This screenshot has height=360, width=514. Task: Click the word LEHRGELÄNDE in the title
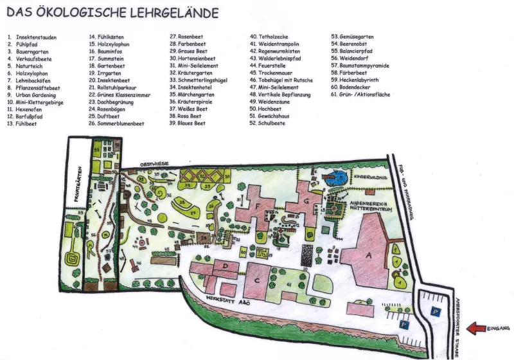click(x=173, y=12)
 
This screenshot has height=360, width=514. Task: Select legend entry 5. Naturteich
click(x=26, y=65)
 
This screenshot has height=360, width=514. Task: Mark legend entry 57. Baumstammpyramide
click(x=360, y=65)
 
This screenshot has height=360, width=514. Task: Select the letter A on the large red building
click(x=368, y=254)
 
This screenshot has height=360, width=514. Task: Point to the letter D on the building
click(x=226, y=264)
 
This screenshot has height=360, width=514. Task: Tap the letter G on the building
click(x=307, y=201)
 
